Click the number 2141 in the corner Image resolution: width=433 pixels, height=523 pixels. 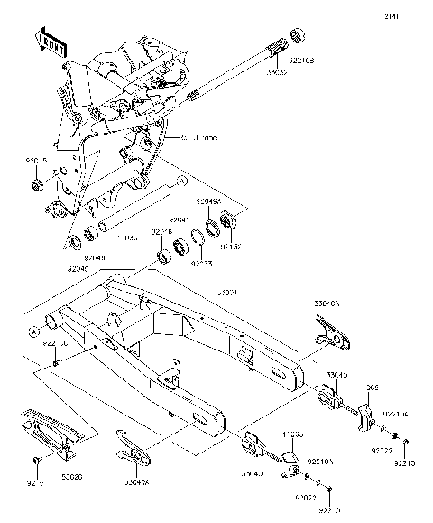pos(416,16)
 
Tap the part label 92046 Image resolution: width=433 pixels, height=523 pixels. pos(162,233)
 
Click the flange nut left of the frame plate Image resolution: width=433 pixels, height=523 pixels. pos(39,187)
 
